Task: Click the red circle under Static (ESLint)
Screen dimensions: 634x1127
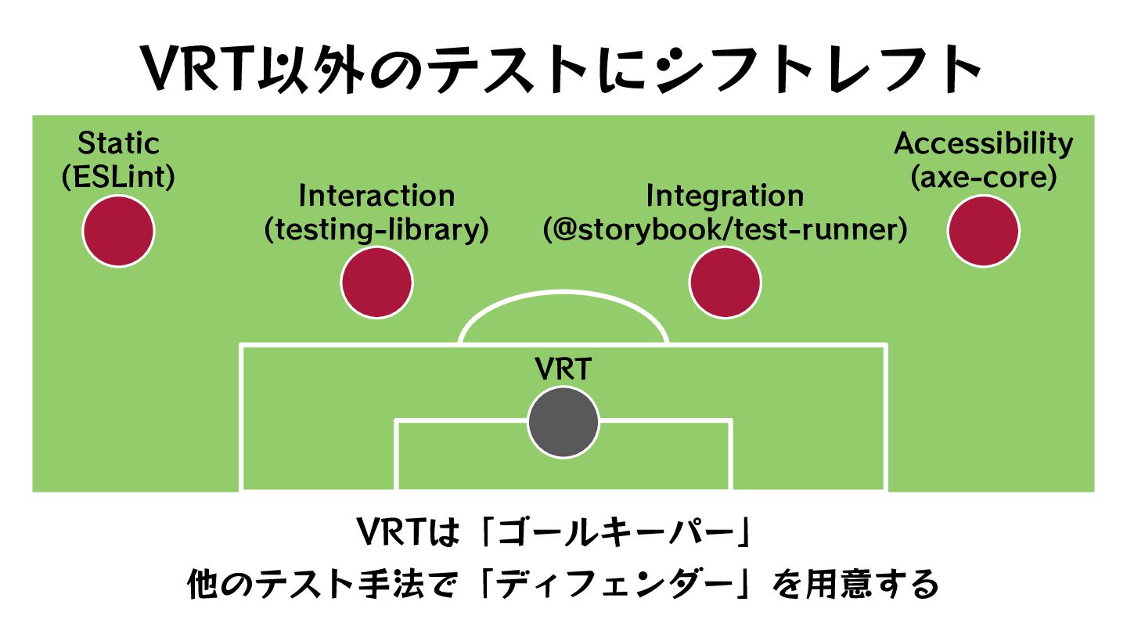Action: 118,231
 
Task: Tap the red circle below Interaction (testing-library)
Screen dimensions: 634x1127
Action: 377,283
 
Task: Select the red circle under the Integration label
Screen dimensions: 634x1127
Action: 725,283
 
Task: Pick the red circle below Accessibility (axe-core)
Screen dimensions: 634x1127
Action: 984,231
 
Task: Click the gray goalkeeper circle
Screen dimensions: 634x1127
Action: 563,423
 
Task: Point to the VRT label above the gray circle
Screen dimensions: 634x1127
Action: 563,369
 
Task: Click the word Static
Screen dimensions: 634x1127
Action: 118,144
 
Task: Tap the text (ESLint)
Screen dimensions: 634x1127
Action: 118,178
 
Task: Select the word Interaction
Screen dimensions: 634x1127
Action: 376,196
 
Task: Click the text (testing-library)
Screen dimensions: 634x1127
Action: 376,230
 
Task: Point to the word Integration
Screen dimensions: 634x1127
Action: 725,196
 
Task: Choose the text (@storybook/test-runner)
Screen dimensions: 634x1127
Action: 725,230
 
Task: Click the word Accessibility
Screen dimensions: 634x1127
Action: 984,144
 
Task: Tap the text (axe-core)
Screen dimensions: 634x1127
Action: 984,178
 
